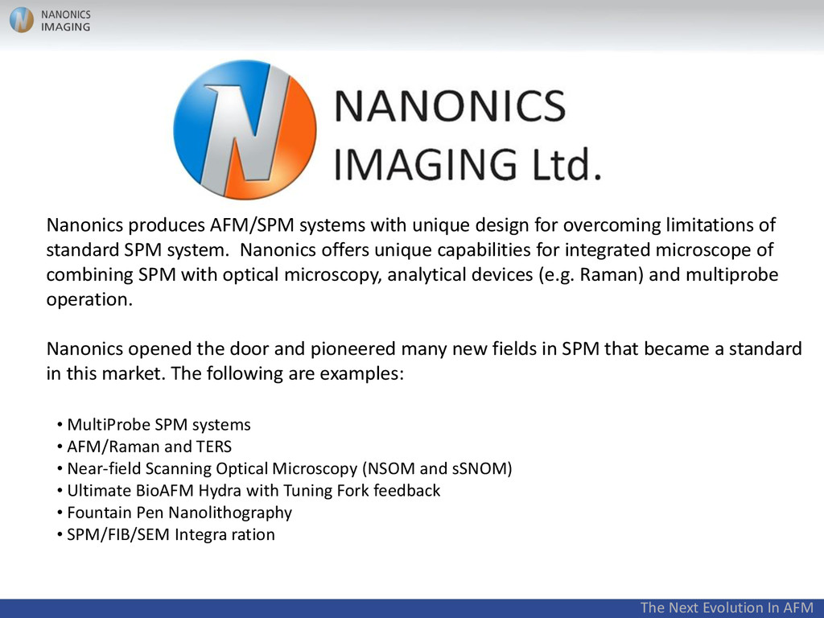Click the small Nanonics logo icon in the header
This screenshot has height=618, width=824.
(22, 20)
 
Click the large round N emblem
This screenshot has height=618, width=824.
(245, 130)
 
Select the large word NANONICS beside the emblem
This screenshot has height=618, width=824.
(450, 105)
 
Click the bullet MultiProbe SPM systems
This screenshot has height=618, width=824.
(159, 424)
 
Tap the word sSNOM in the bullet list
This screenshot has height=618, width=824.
(481, 468)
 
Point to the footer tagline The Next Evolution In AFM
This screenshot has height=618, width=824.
(727, 608)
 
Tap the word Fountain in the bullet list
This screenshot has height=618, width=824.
(97, 512)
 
